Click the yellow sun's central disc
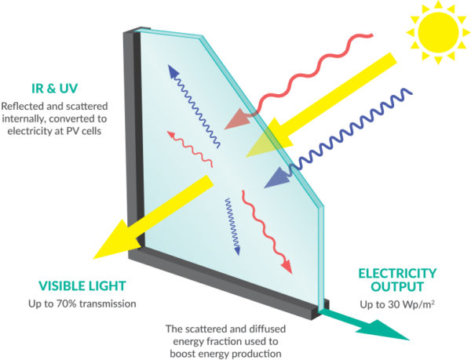point(438,32)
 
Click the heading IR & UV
point(55,89)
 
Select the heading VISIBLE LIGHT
point(82,286)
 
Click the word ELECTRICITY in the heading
point(397,274)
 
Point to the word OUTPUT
point(397,287)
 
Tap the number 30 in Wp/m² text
point(393,305)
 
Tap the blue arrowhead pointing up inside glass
point(173,71)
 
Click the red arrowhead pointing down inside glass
point(287,266)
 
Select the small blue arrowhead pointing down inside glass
point(237,251)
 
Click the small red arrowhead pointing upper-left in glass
point(171,134)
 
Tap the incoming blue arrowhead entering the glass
point(277,178)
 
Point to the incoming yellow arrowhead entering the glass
point(269,139)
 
